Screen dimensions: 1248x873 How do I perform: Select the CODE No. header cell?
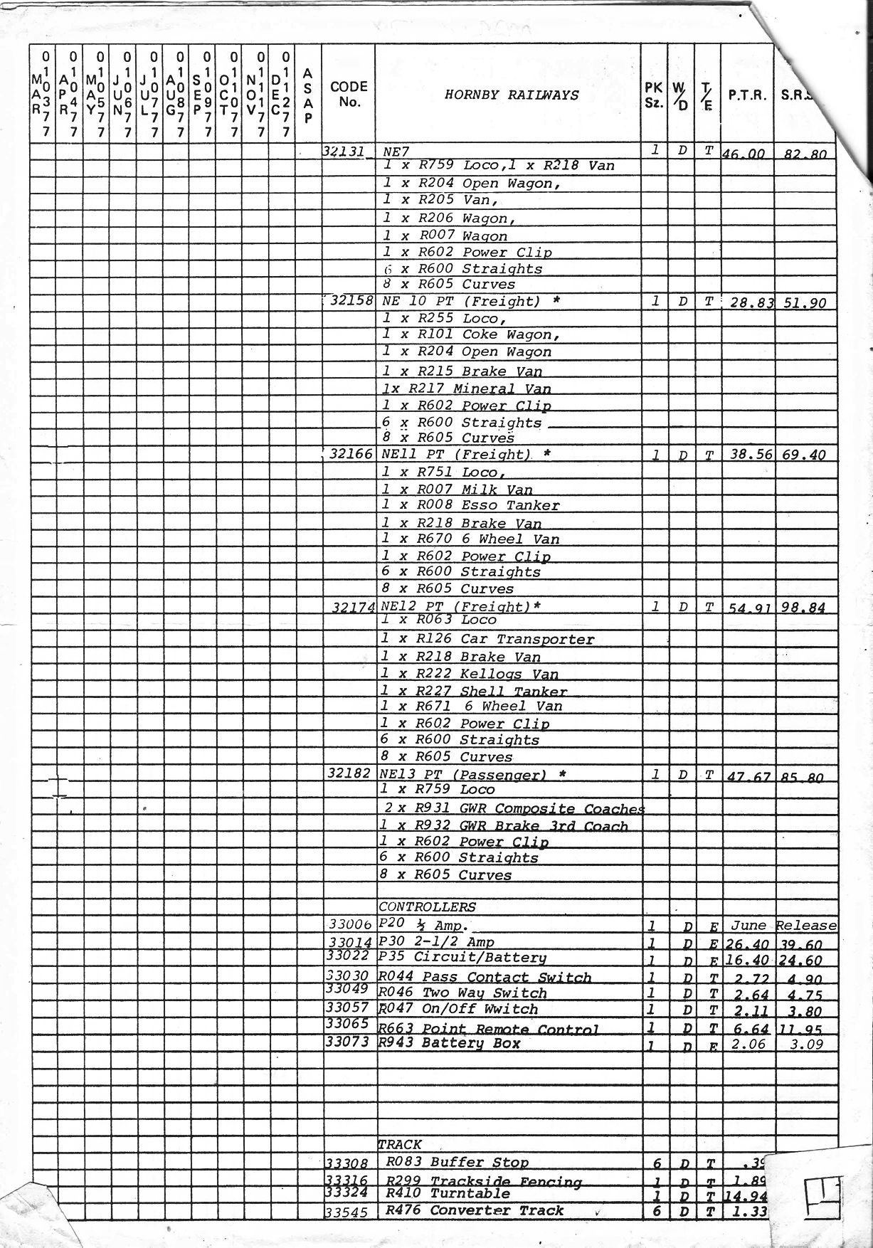point(349,94)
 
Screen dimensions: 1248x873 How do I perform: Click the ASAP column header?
point(307,95)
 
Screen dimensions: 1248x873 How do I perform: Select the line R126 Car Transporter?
point(487,639)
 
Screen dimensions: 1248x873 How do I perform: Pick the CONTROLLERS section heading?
point(427,907)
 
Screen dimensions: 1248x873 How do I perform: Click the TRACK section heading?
point(400,1145)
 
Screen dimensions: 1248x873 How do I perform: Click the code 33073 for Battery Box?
point(347,1042)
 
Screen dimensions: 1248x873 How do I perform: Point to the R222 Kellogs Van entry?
point(470,674)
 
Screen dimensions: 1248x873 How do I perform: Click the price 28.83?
point(750,302)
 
